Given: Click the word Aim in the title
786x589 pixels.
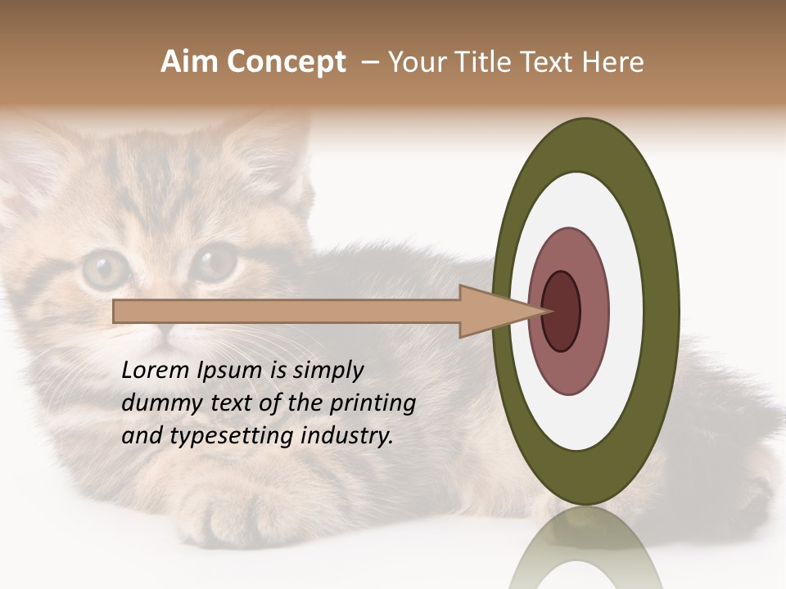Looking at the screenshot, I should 189,62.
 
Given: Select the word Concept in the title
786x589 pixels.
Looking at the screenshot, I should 286,62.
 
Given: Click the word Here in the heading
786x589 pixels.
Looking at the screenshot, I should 613,62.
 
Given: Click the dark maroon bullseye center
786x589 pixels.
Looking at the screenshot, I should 562,311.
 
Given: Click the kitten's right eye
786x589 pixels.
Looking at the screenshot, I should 215,262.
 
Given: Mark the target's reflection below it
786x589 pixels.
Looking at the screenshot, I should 585,548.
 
